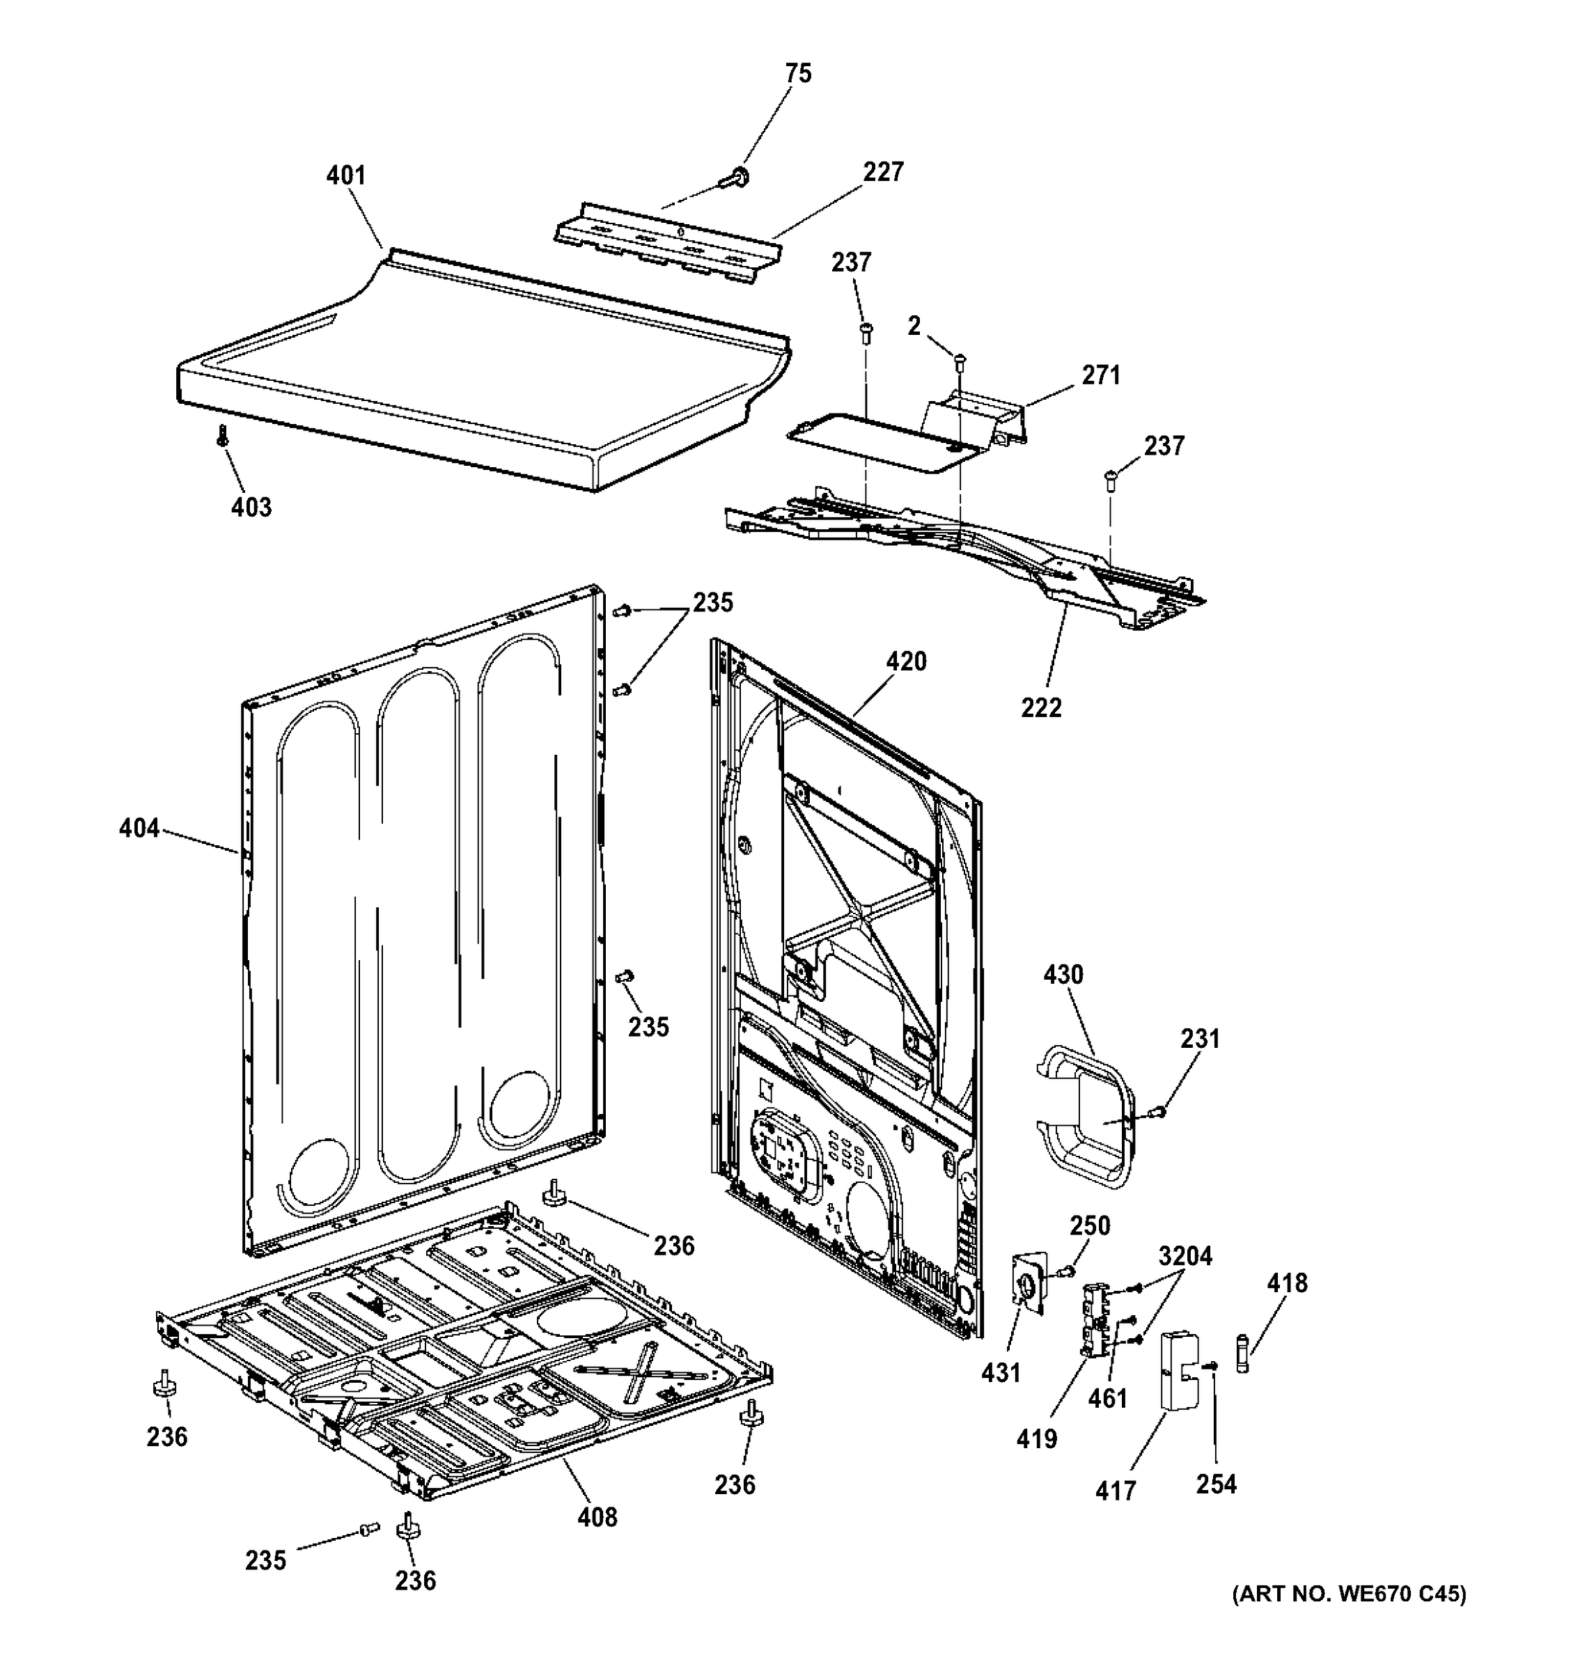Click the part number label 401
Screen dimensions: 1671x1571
pos(345,175)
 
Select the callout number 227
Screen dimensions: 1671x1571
pos(882,171)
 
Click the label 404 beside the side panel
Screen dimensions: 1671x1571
pos(139,829)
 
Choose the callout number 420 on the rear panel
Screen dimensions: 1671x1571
pos(906,661)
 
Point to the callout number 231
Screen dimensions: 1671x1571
pos(1199,1039)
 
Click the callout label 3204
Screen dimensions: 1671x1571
pos(1185,1257)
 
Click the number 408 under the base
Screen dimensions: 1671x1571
pos(597,1517)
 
